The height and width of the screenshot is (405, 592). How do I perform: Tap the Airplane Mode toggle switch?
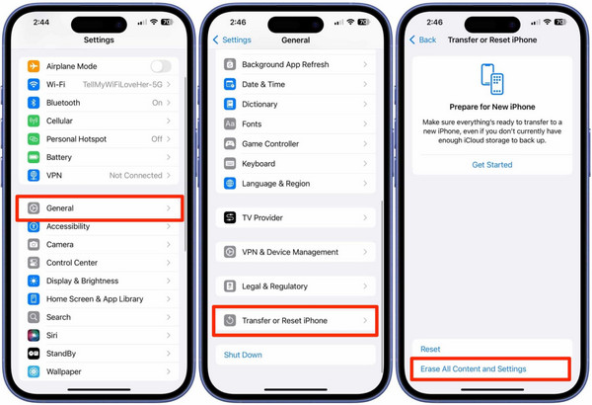tap(160, 66)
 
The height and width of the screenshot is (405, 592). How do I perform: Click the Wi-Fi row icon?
tap(35, 85)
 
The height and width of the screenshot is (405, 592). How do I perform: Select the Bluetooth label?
tap(63, 103)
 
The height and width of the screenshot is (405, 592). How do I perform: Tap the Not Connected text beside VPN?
tap(135, 175)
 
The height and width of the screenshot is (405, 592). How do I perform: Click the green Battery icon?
tap(35, 157)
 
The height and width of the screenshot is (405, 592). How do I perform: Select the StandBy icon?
tap(35, 354)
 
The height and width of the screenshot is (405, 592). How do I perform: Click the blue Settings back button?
tap(233, 40)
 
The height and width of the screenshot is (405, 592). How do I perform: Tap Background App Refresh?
tap(286, 65)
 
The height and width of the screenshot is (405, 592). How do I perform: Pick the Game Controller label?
tap(270, 144)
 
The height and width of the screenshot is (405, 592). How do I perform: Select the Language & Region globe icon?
tap(230, 184)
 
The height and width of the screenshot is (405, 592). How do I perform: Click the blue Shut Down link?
tap(243, 355)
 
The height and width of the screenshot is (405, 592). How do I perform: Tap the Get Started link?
tap(491, 165)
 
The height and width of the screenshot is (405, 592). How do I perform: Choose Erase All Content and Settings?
tap(474, 368)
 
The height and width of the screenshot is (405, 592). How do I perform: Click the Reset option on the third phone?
tap(430, 349)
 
